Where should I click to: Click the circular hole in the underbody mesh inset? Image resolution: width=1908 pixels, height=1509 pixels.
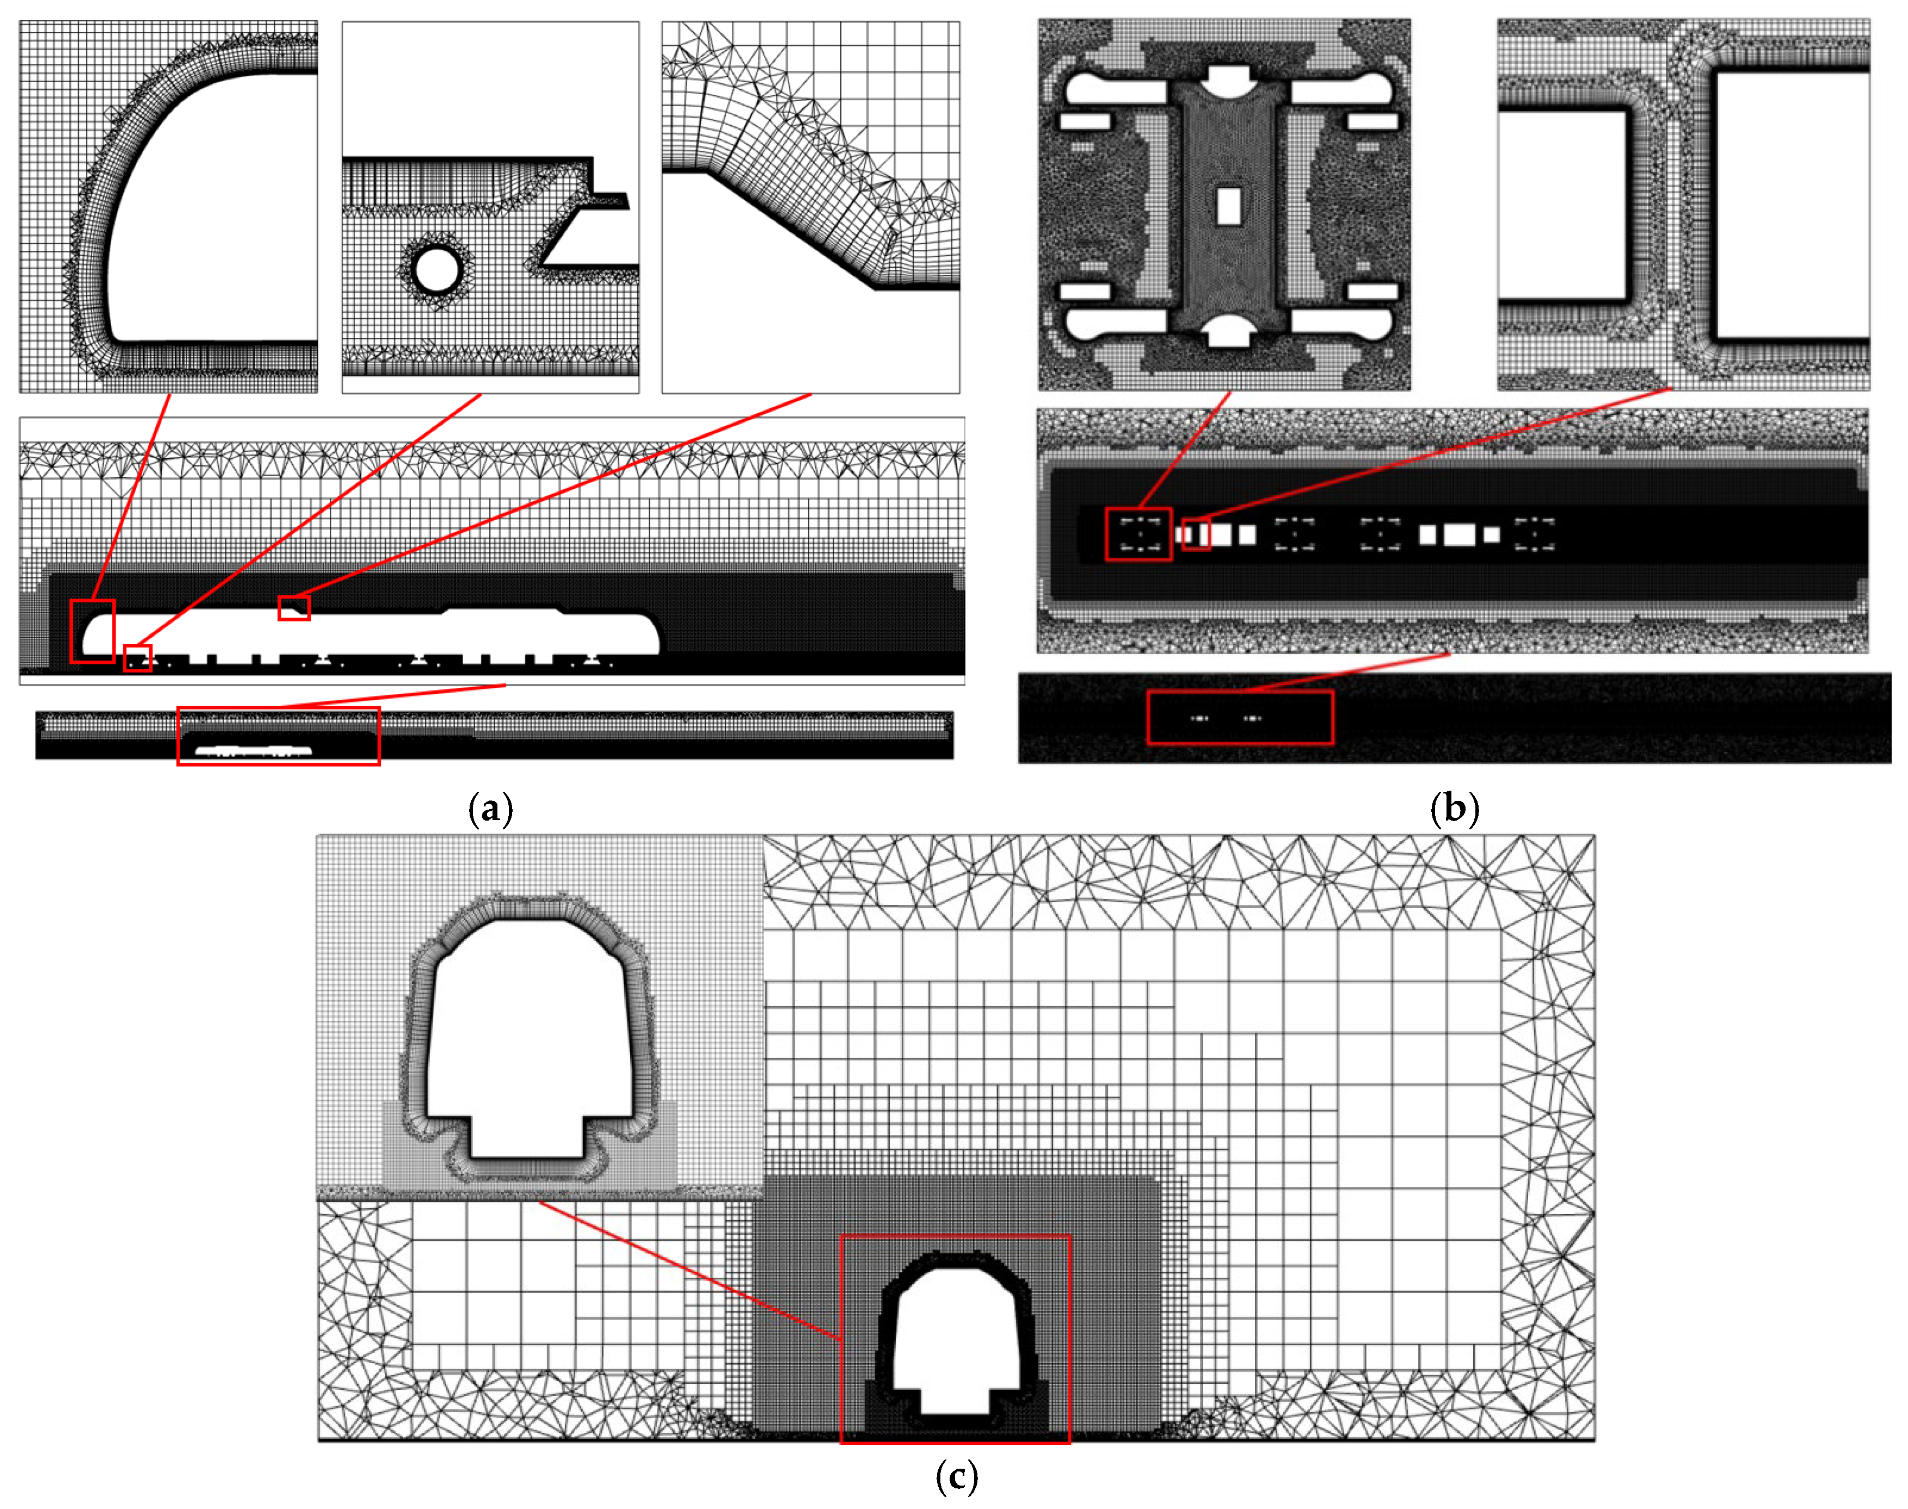point(436,270)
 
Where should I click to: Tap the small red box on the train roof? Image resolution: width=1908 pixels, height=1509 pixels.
point(294,608)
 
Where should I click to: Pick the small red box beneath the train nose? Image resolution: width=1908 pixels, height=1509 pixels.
point(138,658)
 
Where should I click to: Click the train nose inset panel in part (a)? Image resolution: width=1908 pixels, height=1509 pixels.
point(169,207)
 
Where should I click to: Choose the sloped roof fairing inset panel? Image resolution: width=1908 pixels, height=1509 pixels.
point(811,207)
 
